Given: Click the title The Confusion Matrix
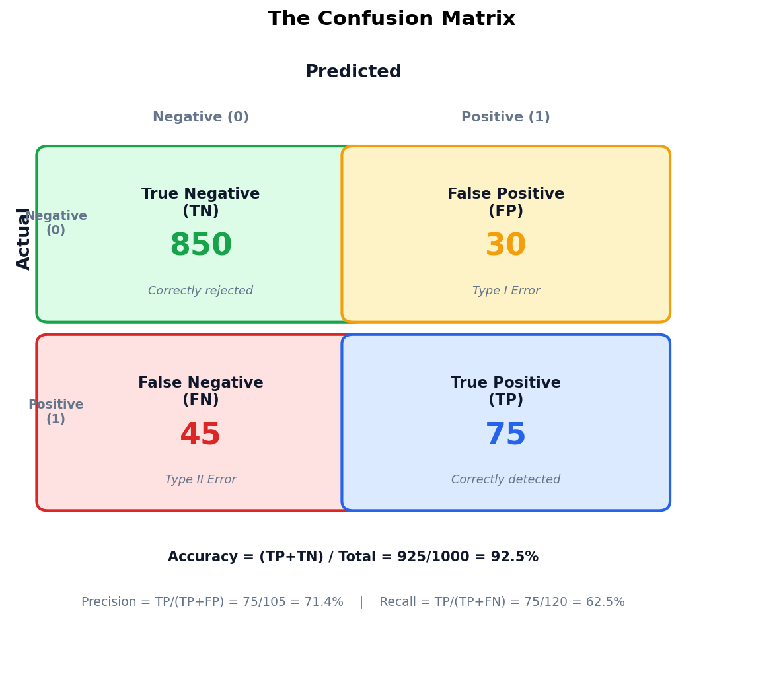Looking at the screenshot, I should point(391,19).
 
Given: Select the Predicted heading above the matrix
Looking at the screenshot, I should point(353,72).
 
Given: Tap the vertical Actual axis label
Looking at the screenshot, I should point(24,238).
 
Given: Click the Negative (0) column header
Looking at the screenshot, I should point(201,118).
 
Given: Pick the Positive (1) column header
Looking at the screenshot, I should point(505,118).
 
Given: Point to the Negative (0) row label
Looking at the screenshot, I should point(56,223).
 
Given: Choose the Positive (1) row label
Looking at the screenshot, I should point(56,412).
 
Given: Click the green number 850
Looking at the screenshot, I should point(201,246).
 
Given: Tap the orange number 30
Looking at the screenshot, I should point(505,246).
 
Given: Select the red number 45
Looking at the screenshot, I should point(200,435).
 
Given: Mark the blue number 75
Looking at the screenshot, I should point(505,435).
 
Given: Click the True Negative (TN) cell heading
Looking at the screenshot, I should point(201,202).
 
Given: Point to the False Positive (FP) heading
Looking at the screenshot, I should point(505,202).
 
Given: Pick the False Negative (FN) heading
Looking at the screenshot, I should point(201,391).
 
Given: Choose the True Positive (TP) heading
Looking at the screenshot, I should point(505,391).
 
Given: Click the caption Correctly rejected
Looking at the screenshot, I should point(201,291).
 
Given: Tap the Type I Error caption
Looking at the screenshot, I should point(506,291).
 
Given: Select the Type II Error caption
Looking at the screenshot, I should point(201,480).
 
